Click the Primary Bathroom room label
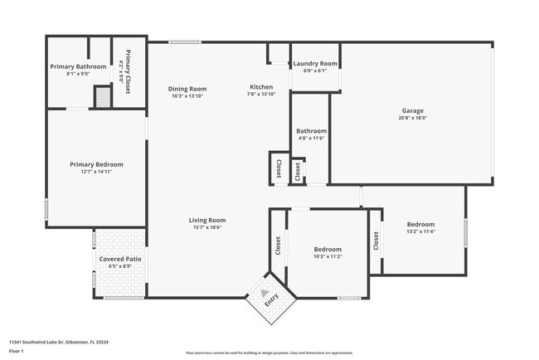pos(78,66)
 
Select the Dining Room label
pos(187,89)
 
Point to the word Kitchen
pos(261,87)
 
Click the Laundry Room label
pos(315,64)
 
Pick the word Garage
pos(413,110)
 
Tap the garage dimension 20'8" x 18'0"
pos(413,118)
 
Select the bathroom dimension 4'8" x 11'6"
pos(312,139)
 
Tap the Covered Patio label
pos(120,260)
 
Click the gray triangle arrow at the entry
pos(265,294)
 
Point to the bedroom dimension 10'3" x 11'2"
pos(328,257)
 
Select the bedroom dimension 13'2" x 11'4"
pos(420,232)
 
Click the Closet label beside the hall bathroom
pos(278,169)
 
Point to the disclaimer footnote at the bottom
pos(269,352)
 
